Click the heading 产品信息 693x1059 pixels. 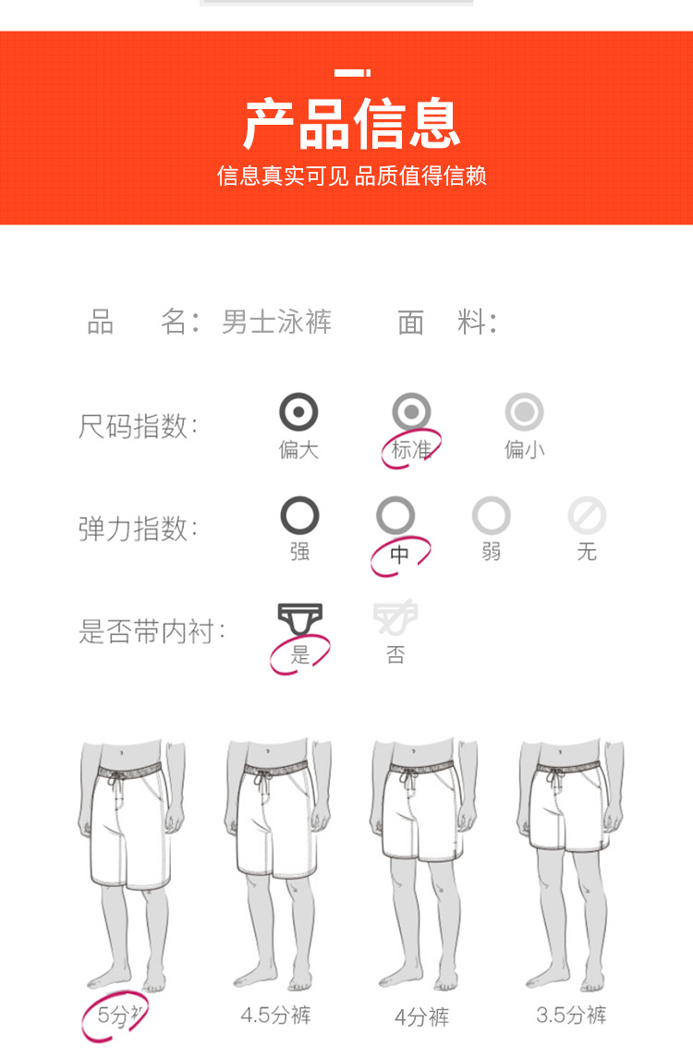click(352, 123)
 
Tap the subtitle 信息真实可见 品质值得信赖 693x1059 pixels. click(352, 176)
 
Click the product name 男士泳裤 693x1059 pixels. click(277, 322)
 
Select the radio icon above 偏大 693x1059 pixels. click(298, 411)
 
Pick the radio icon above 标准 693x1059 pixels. click(411, 411)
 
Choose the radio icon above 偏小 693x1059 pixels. click(524, 411)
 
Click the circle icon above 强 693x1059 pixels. click(299, 516)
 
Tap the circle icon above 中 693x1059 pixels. click(395, 516)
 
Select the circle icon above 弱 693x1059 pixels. click(491, 516)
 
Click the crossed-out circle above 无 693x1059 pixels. click(587, 516)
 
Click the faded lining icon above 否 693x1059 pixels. click(395, 617)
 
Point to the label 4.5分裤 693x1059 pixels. click(275, 1015)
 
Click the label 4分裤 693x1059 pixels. click(422, 1016)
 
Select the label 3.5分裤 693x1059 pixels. click(571, 1015)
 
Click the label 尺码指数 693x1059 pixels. click(138, 426)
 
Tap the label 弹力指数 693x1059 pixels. click(138, 529)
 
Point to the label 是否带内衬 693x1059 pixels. click(152, 631)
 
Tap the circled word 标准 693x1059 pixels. click(411, 449)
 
